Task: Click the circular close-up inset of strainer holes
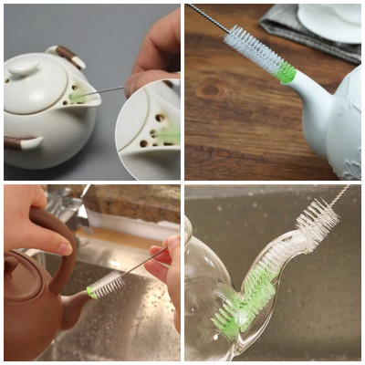[x=149, y=130]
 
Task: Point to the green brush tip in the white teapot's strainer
[x=77, y=94]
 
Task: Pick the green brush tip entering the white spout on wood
[x=287, y=74]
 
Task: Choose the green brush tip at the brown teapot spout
[x=92, y=292]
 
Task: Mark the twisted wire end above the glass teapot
[x=339, y=194]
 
